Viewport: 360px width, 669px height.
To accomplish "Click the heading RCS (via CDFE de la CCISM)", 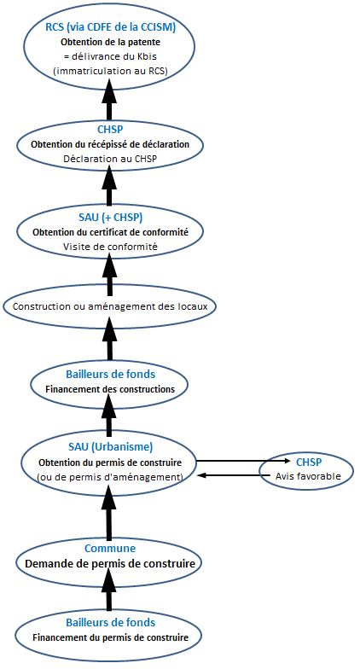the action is click(x=111, y=27).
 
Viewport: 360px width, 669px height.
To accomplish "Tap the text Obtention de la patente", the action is click(x=111, y=43).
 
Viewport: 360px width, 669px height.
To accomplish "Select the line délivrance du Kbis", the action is click(x=114, y=56).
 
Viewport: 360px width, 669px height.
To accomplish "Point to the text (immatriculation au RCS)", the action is click(x=111, y=72).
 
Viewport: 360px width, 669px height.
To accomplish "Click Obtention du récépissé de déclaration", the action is click(x=110, y=145).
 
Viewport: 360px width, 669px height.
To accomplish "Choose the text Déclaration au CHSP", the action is click(x=110, y=159).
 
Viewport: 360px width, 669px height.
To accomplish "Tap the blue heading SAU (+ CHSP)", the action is click(x=111, y=218).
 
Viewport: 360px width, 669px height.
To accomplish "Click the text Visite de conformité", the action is click(x=110, y=247).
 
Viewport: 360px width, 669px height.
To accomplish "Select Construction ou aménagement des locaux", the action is click(x=109, y=306).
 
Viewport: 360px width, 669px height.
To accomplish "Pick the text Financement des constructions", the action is click(x=109, y=389).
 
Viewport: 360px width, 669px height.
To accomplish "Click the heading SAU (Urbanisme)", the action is click(x=111, y=447).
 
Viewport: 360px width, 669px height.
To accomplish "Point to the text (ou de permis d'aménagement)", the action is click(x=111, y=476).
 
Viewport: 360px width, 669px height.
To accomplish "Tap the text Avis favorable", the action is click(x=309, y=476).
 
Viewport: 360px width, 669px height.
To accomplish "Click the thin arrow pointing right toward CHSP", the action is click(x=242, y=461).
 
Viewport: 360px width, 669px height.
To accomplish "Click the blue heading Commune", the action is click(x=110, y=549).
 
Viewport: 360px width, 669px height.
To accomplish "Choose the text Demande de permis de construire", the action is click(x=110, y=563).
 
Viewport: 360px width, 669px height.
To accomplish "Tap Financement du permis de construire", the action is click(x=111, y=638).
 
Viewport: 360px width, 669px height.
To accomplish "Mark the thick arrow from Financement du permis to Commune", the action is click(x=109, y=589).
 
